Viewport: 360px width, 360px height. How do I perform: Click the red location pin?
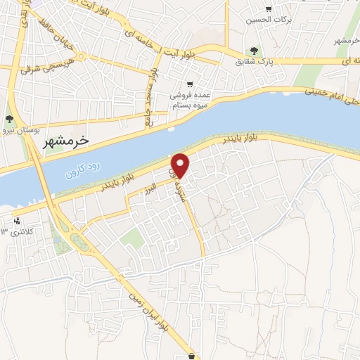(181, 165)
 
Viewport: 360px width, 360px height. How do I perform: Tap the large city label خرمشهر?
(62, 141)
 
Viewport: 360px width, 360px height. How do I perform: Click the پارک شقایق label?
(255, 62)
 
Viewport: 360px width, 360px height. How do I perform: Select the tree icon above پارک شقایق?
(254, 51)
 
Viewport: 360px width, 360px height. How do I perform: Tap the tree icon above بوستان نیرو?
(9, 119)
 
